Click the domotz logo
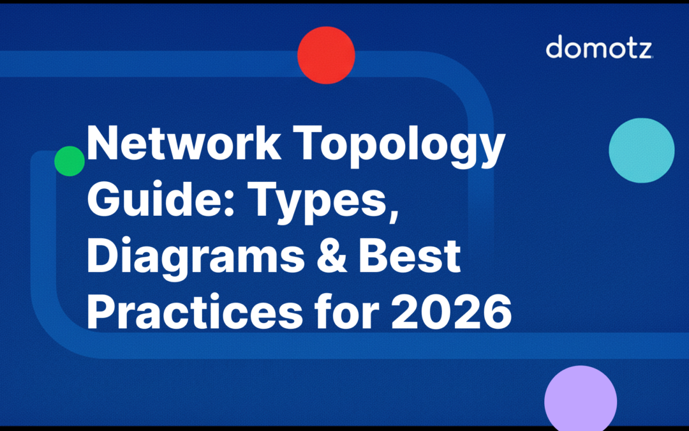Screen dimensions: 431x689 pyautogui.click(x=599, y=48)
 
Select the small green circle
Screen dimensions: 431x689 pyautogui.click(x=70, y=161)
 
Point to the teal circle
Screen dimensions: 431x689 pyautogui.click(x=641, y=151)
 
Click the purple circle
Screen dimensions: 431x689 pyautogui.click(x=581, y=398)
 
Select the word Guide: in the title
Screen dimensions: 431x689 pyautogui.click(x=161, y=200)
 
